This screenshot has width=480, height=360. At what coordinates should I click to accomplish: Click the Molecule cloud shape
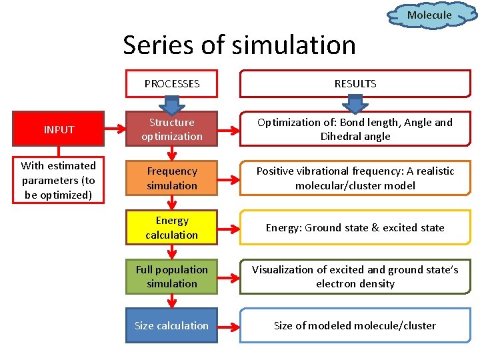coord(429,15)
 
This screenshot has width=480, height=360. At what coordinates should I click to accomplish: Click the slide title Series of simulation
coord(239,45)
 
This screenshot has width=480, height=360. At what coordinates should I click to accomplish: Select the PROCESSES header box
coord(172,84)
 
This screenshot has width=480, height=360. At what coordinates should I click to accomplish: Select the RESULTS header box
coord(355,84)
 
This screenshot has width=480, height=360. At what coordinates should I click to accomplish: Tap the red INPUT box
coord(59,129)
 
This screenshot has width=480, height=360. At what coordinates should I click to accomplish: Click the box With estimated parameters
coord(59,180)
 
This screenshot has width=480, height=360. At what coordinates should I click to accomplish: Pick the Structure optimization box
coord(172,129)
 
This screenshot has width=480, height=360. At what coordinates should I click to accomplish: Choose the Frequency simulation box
coord(172,179)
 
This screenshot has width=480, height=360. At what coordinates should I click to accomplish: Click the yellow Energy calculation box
coord(172,227)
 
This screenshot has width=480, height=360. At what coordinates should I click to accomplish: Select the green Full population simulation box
coord(172,277)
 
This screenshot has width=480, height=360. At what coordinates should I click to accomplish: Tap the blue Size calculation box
coord(172,325)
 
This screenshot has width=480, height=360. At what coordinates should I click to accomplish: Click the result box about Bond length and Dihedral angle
coord(355,129)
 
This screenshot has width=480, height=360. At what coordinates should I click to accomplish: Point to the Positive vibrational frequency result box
coord(355,179)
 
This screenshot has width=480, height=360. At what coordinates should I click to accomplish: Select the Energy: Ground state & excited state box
coord(355,227)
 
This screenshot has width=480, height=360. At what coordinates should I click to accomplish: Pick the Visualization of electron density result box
coord(355,277)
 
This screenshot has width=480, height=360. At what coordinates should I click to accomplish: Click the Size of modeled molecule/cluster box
coord(355,325)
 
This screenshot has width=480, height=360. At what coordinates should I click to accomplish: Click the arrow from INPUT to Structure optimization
coord(115,129)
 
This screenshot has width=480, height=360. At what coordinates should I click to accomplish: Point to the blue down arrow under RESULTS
coord(355,105)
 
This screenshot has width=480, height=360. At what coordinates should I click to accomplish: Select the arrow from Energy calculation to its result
coord(229,227)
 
